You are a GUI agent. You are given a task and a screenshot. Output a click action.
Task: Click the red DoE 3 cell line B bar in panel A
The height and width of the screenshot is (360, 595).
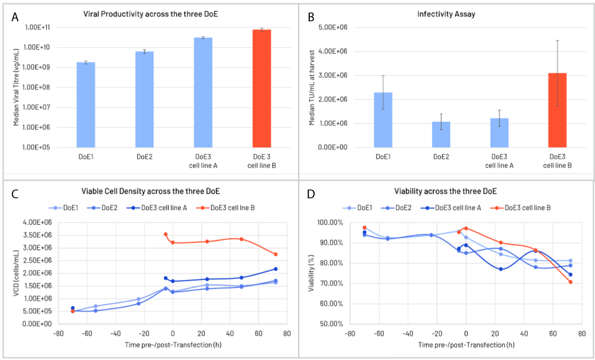coord(262,88)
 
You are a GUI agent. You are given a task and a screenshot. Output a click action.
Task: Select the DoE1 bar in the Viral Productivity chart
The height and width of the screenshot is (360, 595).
coord(86,105)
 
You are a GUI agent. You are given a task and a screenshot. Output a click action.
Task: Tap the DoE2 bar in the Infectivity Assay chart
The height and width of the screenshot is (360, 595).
coord(441,135)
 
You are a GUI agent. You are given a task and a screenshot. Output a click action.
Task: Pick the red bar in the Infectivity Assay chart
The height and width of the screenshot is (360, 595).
coord(557,110)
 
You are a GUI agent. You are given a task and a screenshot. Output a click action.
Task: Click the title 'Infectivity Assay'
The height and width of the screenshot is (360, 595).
coord(446,14)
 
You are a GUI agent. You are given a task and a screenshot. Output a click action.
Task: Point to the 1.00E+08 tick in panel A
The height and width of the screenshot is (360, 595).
coord(36,88)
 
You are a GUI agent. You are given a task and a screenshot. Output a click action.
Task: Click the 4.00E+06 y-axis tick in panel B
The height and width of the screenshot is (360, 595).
coord(333,51)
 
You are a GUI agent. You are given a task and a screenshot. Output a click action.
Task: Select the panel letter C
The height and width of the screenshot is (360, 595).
coord(15,194)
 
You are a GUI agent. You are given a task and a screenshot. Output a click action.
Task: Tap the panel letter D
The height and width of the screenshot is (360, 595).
coord(311,194)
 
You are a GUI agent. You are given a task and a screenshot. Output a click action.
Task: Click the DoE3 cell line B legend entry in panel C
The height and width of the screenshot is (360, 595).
coord(225,208)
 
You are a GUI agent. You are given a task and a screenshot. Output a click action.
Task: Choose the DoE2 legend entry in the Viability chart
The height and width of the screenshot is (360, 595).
coord(396,208)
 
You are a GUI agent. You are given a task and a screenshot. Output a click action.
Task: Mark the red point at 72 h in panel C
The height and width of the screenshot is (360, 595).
coord(276,254)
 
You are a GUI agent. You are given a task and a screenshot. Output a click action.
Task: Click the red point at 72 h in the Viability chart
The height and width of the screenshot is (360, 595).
coord(570,282)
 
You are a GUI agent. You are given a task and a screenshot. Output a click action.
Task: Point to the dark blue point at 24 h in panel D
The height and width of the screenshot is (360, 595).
coord(501,269)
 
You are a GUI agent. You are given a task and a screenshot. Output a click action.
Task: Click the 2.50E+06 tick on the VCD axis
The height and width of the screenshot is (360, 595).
coord(38,260)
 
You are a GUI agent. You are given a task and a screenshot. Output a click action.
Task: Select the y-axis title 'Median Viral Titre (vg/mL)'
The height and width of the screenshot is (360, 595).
coord(16,88)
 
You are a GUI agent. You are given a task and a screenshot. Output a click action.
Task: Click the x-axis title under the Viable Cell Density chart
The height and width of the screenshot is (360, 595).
coord(173,345)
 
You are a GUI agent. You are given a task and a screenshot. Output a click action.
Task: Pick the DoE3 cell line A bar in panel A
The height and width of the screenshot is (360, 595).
coord(203,92)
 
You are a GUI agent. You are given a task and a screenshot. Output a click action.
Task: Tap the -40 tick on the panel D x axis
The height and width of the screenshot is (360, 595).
coord(408,334)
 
